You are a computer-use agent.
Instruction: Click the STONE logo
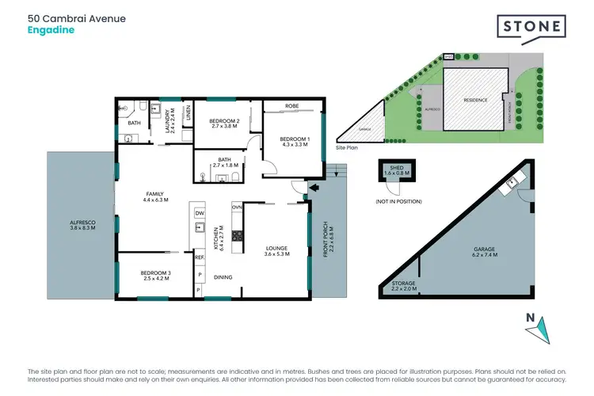[531, 27]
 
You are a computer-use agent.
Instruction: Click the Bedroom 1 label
[294, 143]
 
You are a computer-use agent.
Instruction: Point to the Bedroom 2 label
[224, 123]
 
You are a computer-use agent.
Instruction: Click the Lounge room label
[277, 251]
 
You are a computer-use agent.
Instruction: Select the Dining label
[223, 277]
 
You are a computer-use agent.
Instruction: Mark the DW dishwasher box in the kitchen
[200, 214]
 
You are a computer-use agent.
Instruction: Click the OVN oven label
[236, 207]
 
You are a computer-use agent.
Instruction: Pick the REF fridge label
[200, 256]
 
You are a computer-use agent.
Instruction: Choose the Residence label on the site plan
[474, 100]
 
